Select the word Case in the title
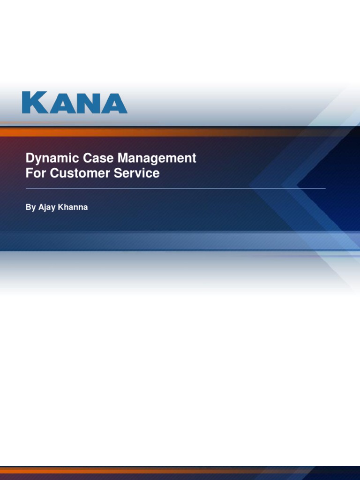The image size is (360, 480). click(92, 158)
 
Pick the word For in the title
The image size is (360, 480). click(36, 173)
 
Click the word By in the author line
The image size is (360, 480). click(30, 207)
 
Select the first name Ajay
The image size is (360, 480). click(46, 207)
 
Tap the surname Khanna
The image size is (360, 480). click(72, 207)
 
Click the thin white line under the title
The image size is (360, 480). click(175, 188)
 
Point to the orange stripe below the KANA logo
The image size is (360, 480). click(141, 133)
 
